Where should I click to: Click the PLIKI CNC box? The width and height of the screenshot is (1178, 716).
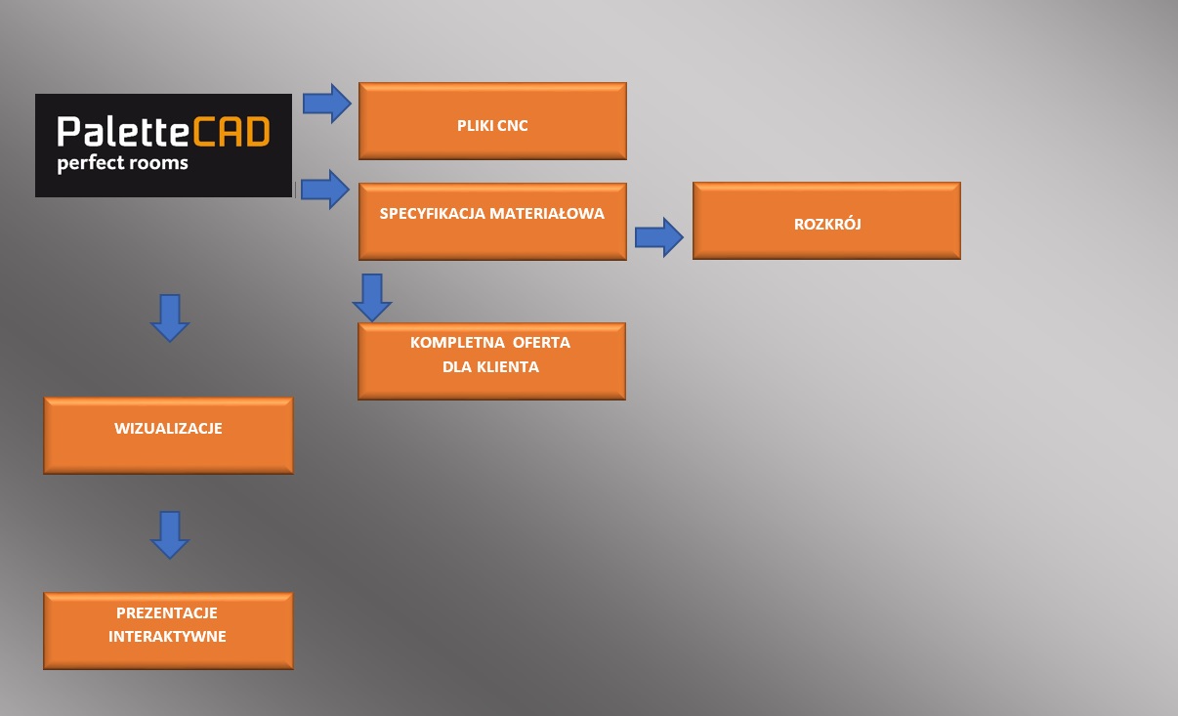[x=492, y=120]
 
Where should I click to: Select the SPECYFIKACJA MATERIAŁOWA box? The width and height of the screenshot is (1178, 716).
[x=492, y=221]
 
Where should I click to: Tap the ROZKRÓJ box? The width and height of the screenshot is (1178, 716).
[x=826, y=221]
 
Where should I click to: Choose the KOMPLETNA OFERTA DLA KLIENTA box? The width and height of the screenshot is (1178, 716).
[x=491, y=360]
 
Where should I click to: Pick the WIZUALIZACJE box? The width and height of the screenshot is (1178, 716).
[x=168, y=435]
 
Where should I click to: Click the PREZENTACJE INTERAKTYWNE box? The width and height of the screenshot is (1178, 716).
[x=168, y=630]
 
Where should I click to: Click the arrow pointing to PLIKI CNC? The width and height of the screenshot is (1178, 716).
[x=326, y=104]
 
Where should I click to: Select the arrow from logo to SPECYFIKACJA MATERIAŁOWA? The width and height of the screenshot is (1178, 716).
[x=324, y=189]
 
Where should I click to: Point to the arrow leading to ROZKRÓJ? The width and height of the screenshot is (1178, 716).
[x=659, y=237]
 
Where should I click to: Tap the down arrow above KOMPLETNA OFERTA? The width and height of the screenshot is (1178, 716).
[x=371, y=297]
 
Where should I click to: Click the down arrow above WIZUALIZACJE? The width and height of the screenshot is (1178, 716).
[x=170, y=317]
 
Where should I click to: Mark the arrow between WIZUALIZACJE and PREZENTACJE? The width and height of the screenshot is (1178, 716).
[x=170, y=534]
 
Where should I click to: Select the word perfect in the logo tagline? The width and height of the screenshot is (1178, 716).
[x=91, y=163]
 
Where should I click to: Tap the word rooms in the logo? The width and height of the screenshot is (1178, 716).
[x=159, y=162]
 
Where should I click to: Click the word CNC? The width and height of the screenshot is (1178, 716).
[x=513, y=125]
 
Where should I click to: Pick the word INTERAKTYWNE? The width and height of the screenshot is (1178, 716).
[x=167, y=636]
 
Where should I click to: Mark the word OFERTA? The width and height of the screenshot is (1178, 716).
[x=537, y=344]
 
